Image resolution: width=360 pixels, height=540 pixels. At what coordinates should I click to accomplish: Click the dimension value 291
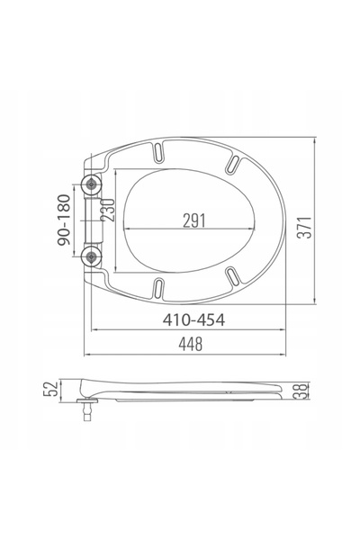click(194, 220)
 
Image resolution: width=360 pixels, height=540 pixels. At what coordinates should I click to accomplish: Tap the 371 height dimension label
click(305, 228)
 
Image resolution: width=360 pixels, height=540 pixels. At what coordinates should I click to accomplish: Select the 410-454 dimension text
click(193, 319)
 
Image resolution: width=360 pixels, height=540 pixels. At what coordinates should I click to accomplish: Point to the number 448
click(191, 344)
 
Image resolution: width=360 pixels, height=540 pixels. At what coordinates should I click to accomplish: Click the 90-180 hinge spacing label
click(64, 220)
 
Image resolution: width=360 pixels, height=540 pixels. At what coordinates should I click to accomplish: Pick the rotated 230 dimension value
click(107, 210)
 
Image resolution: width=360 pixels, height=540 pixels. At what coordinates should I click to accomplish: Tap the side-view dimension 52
click(50, 389)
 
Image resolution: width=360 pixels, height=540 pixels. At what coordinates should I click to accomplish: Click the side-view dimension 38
click(301, 391)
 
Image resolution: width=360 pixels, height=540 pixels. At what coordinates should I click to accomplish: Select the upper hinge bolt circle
click(91, 184)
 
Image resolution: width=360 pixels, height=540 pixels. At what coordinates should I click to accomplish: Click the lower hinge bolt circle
click(91, 256)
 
